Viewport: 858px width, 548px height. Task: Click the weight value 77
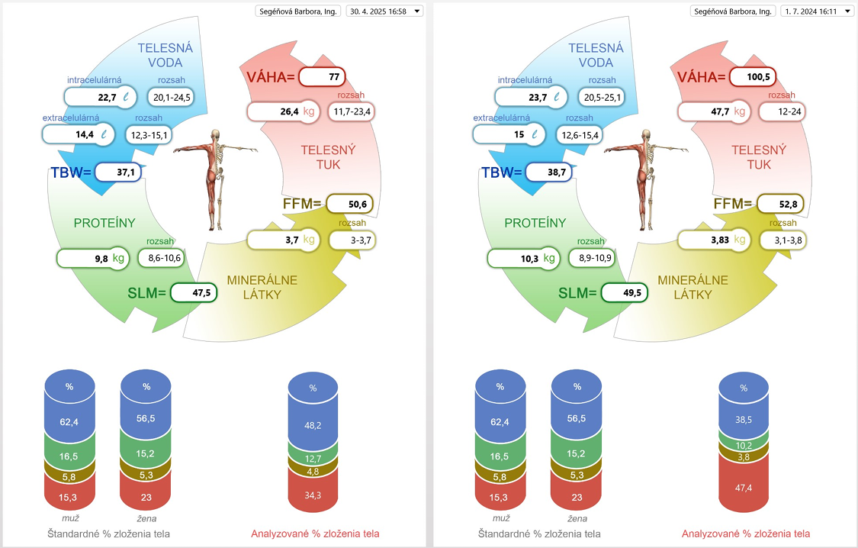323,76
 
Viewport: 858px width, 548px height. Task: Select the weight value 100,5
753,76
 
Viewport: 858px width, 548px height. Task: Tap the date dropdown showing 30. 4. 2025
384,11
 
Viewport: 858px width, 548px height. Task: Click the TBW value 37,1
118,172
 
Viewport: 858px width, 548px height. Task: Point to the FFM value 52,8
781,205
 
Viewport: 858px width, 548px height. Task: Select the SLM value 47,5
194,293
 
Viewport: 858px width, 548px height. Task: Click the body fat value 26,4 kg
284,111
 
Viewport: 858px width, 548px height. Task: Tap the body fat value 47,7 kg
714,111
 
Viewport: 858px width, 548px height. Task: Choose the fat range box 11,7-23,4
352,111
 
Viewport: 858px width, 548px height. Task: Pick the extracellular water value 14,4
79,134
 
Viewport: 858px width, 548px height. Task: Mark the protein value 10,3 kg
524,259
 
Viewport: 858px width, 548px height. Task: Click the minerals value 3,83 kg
714,240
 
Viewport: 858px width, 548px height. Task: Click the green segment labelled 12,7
313,458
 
